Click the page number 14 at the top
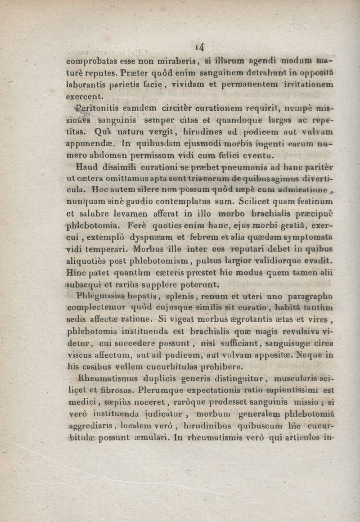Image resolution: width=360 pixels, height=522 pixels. pyautogui.click(x=200, y=46)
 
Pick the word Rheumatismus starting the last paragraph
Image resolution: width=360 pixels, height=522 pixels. pyautogui.click(x=106, y=379)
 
